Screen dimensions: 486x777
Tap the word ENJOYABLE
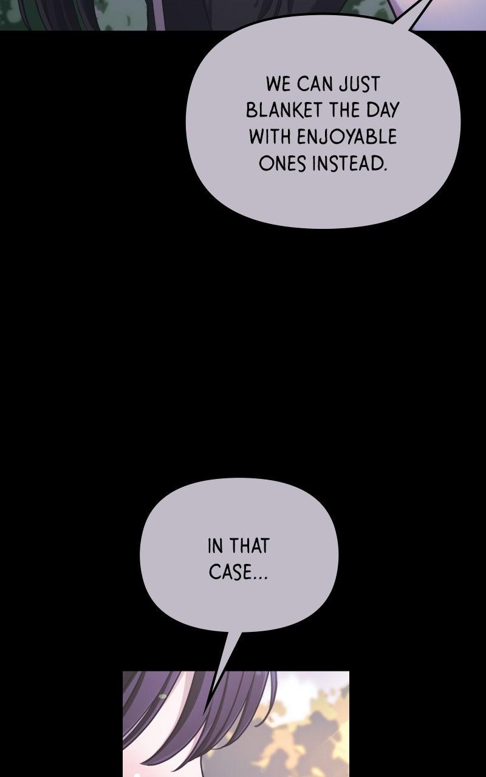coord(347,137)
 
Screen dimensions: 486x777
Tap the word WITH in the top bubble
coord(270,137)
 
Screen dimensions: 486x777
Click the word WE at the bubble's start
coord(278,84)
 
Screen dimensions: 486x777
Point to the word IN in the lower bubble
coord(215,546)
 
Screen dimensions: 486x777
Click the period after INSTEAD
coord(385,169)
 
